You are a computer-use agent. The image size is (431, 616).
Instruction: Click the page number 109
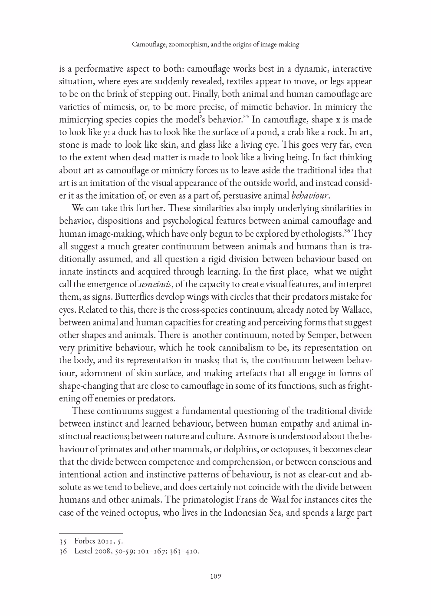point(216,576)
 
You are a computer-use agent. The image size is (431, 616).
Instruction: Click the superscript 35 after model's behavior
point(245,116)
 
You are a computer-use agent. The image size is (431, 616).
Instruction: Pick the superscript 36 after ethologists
point(347,231)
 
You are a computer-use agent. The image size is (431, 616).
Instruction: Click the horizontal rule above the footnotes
point(91,533)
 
